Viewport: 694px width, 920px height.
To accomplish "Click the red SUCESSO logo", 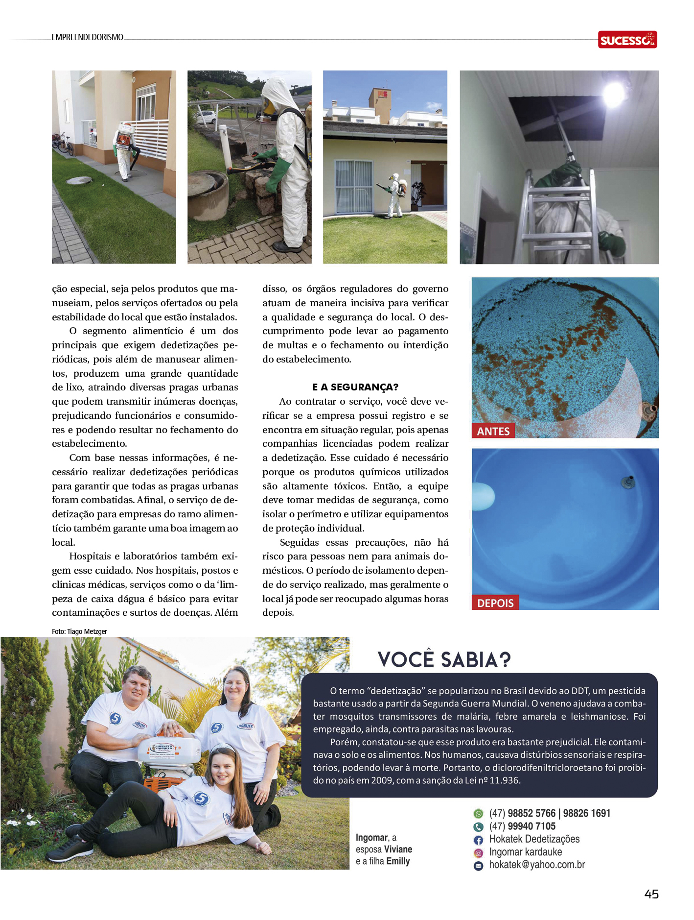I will click(627, 40).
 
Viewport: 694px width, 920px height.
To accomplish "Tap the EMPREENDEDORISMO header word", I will click(87, 37).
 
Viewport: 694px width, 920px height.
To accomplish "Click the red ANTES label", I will click(493, 431).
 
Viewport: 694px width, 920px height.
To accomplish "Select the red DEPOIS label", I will click(495, 603).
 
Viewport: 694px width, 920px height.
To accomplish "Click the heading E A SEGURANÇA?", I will click(355, 387).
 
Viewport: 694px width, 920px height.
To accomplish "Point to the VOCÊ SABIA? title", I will click(444, 660).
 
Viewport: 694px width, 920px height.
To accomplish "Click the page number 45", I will click(651, 894).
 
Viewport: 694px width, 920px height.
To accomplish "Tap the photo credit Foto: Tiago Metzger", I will click(79, 631).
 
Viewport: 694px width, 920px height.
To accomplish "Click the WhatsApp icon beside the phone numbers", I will click(478, 814).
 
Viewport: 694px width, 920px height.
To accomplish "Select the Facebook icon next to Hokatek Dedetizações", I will click(478, 840).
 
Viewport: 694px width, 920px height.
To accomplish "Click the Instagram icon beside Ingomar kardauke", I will click(478, 853).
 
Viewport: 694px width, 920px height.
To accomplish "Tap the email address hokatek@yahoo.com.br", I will click(537, 865).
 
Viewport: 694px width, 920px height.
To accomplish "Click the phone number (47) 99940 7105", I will click(522, 826).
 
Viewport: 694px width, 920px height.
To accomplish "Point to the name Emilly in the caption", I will click(398, 861).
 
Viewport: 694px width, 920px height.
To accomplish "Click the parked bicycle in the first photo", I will click(64, 143).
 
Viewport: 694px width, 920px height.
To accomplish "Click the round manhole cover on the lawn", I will click(79, 181).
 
